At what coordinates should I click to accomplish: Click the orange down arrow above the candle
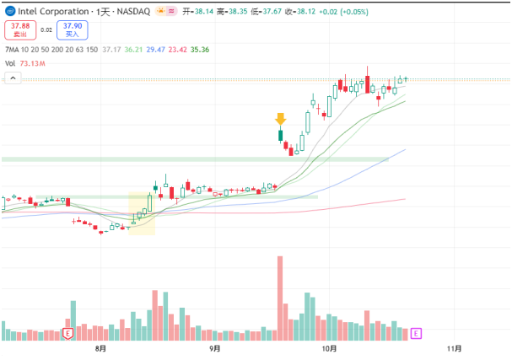tap(281, 119)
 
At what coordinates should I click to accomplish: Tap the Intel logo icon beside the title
tap(9, 12)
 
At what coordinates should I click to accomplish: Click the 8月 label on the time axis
tap(101, 347)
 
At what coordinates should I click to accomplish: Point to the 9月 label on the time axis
tap(214, 347)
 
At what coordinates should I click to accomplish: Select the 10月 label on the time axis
tap(329, 347)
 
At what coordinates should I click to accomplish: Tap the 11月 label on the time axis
tap(454, 347)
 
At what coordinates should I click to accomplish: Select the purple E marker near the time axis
tap(415, 335)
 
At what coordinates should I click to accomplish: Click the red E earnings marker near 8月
tap(68, 335)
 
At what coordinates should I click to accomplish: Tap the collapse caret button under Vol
tap(13, 78)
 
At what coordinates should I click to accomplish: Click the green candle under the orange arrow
tap(281, 134)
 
